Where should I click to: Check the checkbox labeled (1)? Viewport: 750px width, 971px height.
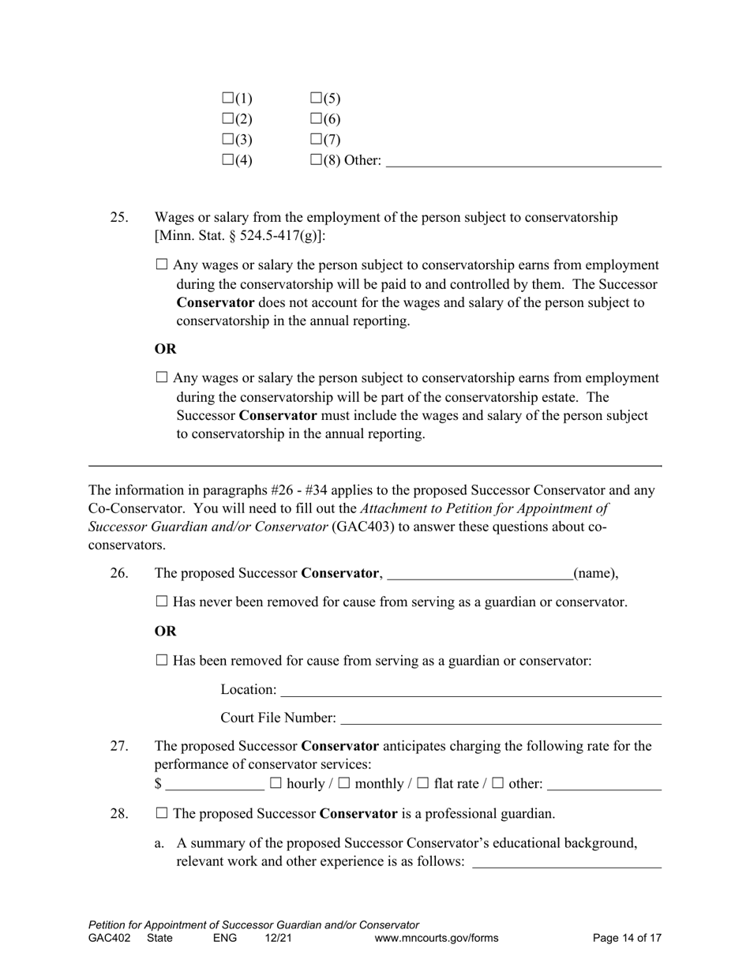pos(228,98)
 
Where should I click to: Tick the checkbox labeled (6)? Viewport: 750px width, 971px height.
pos(316,118)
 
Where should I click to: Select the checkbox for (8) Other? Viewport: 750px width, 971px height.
pos(316,159)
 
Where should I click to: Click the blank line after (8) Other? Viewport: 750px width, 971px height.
pos(523,161)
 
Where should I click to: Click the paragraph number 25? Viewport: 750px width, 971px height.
pos(118,217)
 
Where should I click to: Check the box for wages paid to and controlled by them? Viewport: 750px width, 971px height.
pos(163,265)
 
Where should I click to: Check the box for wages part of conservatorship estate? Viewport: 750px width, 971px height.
pos(163,378)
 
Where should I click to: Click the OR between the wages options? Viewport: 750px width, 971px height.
pos(165,349)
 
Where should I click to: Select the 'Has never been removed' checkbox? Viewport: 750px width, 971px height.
pos(163,602)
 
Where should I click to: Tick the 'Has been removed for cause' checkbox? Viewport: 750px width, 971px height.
pos(163,660)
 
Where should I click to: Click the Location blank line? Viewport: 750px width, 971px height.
pos(471,691)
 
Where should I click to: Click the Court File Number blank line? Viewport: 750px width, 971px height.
pos(501,719)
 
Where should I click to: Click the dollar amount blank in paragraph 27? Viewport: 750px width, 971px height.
pos(215,785)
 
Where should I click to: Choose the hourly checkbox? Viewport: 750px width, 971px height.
pos(276,783)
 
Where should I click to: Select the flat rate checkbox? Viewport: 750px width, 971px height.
pos(422,783)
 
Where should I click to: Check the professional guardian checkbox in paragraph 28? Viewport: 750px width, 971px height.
pos(163,812)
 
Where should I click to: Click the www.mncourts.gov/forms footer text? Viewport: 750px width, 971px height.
pos(437,939)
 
